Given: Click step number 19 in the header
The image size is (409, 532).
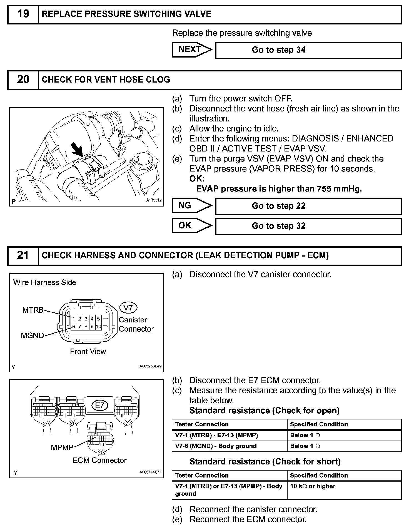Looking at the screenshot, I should (x=23, y=14).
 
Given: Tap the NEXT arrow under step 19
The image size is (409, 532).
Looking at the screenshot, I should (x=191, y=50).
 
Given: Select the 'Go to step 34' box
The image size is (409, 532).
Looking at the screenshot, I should (x=308, y=50).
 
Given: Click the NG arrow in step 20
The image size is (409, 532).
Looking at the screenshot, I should (x=191, y=206).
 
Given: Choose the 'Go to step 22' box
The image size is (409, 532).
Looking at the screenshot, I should (x=308, y=206).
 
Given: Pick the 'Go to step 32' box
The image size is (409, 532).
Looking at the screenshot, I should (x=308, y=226).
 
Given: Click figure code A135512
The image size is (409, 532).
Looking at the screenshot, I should (x=154, y=200).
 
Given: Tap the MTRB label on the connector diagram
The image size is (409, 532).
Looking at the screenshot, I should (x=33, y=310).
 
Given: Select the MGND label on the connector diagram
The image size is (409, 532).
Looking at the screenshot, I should (x=32, y=336).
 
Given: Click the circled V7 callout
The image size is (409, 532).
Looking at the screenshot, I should (x=128, y=308).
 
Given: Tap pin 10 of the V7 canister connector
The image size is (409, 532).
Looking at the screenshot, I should (x=98, y=327).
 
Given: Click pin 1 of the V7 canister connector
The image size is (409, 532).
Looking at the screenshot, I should (x=73, y=319).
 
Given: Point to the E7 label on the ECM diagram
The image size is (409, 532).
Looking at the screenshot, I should (x=99, y=406).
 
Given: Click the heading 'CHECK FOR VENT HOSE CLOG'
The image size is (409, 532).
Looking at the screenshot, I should (x=106, y=80).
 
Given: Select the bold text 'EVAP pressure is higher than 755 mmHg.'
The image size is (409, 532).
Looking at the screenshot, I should (x=279, y=189).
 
